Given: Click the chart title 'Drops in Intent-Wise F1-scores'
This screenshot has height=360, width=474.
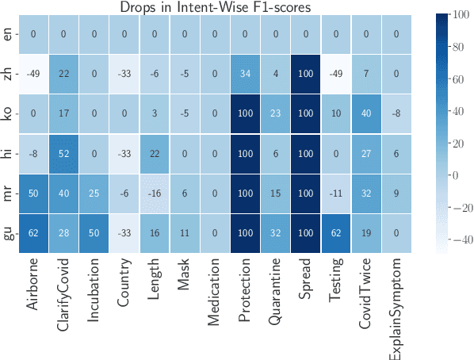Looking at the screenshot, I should (x=215, y=7).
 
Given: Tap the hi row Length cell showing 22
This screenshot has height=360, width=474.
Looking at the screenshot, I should (x=155, y=154).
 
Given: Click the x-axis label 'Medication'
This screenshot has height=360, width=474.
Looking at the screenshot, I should (x=215, y=297).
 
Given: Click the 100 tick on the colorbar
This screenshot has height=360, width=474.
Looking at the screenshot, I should (x=458, y=15).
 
